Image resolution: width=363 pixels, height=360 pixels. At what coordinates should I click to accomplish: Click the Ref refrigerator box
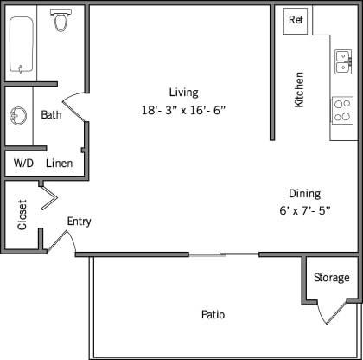click(296, 20)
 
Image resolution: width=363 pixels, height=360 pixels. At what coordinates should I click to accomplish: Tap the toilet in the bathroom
click(60, 21)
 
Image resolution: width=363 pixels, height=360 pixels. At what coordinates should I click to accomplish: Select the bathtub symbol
click(21, 42)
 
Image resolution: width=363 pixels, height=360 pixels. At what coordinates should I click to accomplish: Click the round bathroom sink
click(18, 116)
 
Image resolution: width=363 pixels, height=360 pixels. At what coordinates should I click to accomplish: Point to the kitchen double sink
click(343, 61)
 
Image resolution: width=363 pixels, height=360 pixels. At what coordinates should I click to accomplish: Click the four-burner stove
click(343, 110)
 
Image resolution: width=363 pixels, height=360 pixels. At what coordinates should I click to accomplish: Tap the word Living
click(183, 93)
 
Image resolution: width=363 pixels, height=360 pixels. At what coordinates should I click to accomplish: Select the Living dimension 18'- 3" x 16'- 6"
click(184, 110)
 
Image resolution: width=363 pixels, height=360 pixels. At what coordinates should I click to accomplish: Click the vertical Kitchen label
click(300, 89)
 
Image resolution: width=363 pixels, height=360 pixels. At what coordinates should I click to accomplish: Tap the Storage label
click(332, 278)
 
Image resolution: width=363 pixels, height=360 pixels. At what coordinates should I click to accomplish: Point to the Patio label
click(213, 315)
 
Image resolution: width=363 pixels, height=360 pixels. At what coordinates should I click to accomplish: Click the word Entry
click(79, 222)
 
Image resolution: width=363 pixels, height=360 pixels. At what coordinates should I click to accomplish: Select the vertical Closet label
click(22, 215)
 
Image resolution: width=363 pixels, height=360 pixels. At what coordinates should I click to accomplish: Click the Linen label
click(60, 163)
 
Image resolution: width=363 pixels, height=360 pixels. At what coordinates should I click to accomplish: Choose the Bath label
click(51, 115)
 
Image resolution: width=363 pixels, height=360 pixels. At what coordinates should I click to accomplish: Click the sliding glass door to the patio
click(224, 254)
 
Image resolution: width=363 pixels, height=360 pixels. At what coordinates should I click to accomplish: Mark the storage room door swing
click(331, 313)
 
